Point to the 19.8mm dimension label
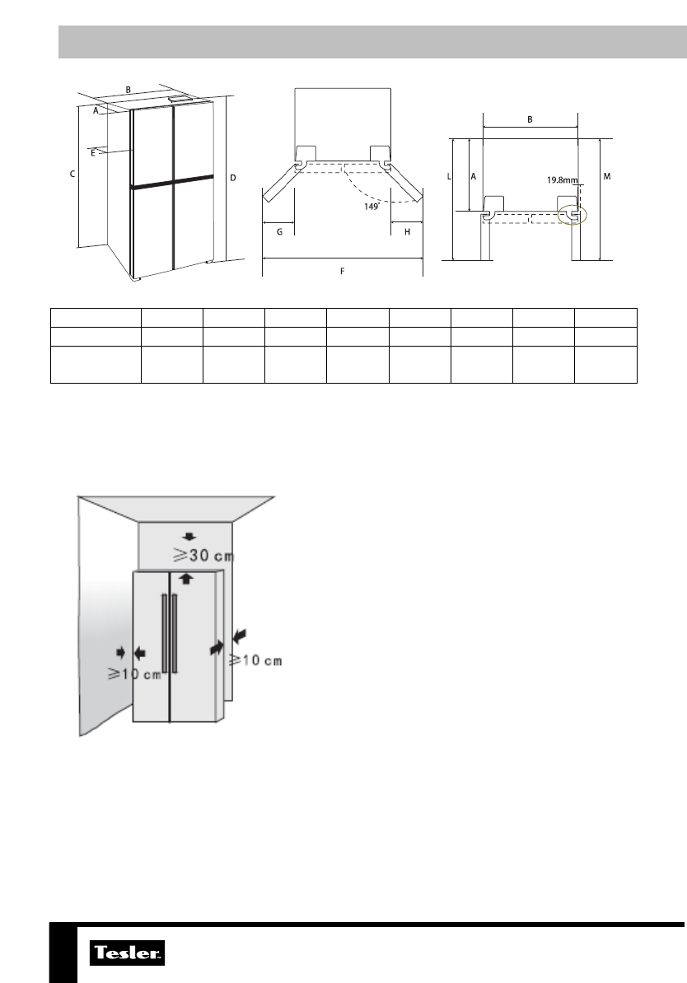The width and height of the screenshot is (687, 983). tap(562, 180)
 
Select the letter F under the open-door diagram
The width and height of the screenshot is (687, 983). tap(343, 272)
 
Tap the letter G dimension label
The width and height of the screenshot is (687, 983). tap(280, 232)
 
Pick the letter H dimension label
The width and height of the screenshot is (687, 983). tap(407, 232)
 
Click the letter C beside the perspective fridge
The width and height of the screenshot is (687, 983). tap(72, 175)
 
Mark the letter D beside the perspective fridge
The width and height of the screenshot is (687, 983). tap(233, 178)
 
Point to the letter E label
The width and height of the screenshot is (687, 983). tap(93, 152)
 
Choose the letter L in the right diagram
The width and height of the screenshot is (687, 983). tap(449, 177)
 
